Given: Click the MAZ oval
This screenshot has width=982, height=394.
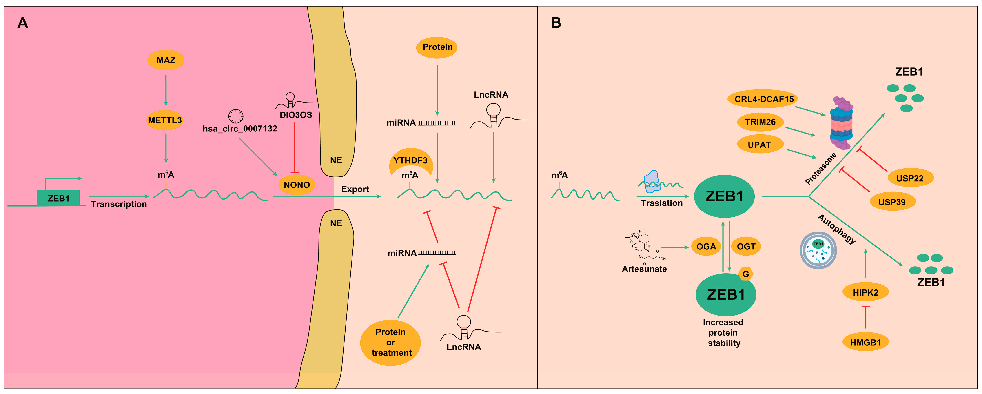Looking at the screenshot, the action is pyautogui.click(x=166, y=60).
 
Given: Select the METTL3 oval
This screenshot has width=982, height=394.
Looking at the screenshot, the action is pyautogui.click(x=165, y=120).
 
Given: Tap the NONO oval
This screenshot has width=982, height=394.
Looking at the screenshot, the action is pyautogui.click(x=297, y=185).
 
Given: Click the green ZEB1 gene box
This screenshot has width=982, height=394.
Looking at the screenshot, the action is pyautogui.click(x=58, y=198).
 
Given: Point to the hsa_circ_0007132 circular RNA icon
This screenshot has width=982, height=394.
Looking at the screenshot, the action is pyautogui.click(x=236, y=116).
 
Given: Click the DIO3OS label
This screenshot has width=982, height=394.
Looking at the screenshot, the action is pyautogui.click(x=296, y=115).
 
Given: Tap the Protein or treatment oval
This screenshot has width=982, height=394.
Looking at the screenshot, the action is pyautogui.click(x=391, y=343).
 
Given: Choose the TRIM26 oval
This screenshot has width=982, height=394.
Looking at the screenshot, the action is pyautogui.click(x=760, y=122).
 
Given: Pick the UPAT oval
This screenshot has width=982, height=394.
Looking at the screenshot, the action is pyautogui.click(x=760, y=145).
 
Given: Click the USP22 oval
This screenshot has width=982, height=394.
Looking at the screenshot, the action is pyautogui.click(x=910, y=178).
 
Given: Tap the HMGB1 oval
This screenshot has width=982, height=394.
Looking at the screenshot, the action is pyautogui.click(x=865, y=342).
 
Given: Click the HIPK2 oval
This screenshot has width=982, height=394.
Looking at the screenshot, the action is pyautogui.click(x=865, y=292).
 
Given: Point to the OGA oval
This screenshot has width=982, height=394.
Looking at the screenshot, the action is pyautogui.click(x=706, y=246).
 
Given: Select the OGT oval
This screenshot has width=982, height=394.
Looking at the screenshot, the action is pyautogui.click(x=746, y=246).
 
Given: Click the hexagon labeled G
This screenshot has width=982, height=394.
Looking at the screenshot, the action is pyautogui.click(x=746, y=274).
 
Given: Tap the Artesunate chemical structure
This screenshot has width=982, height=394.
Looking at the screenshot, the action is pyautogui.click(x=645, y=246).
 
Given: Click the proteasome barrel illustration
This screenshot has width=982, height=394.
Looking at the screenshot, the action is pyautogui.click(x=842, y=123).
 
